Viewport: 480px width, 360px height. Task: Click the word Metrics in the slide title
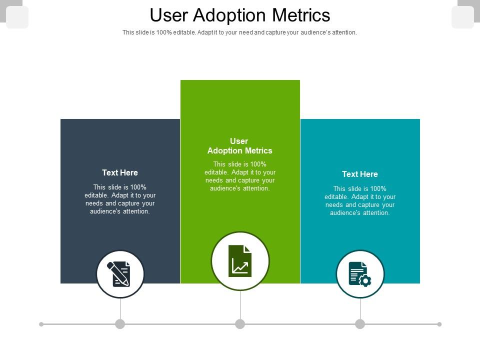point(301,15)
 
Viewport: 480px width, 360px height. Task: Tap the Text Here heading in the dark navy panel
point(120,172)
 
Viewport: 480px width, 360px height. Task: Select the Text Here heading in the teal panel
point(360,174)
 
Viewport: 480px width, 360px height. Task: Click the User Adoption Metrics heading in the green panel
point(240,145)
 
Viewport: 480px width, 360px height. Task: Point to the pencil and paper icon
point(120,274)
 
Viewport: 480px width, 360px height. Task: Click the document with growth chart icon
point(240,260)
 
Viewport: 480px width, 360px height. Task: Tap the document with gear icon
point(360,274)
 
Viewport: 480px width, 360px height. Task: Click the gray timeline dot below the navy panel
point(120,324)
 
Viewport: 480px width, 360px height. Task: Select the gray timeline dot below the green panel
point(240,324)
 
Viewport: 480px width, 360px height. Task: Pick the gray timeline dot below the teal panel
point(360,324)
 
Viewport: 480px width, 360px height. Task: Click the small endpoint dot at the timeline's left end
point(41,324)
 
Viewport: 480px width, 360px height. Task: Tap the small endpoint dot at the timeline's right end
point(439,324)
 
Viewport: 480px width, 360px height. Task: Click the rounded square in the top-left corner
point(17,17)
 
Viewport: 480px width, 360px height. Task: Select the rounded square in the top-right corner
point(462,17)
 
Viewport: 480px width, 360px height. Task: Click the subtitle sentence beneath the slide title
point(240,32)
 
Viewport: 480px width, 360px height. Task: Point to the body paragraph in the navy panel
point(120,199)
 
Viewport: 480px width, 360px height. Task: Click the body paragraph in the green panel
point(240,176)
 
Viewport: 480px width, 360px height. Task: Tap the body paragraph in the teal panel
point(360,201)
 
